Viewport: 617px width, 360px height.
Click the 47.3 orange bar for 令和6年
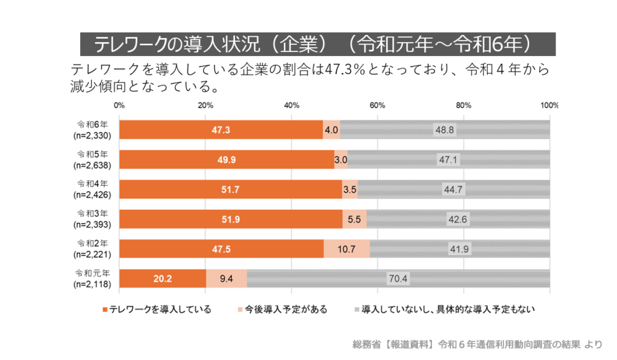[x=221, y=130]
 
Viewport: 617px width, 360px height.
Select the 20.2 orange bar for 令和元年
[x=163, y=279]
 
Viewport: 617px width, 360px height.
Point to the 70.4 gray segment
[x=398, y=279]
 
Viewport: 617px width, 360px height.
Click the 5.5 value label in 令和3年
[x=354, y=219]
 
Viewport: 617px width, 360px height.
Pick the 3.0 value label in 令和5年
[x=341, y=160]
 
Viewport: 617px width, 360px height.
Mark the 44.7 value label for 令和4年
[x=453, y=189]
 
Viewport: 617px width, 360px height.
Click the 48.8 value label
[x=444, y=130]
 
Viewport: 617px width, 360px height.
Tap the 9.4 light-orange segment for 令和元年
[x=227, y=279]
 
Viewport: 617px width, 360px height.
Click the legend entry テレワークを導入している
[x=160, y=310]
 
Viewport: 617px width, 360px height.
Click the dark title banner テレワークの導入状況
[x=318, y=44]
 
